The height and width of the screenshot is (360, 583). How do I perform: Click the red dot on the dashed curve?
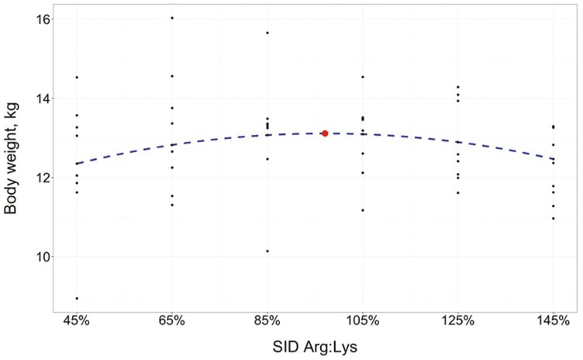click(x=325, y=133)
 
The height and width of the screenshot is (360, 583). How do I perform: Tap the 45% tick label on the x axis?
click(x=77, y=320)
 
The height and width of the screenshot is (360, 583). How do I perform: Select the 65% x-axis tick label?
click(x=172, y=320)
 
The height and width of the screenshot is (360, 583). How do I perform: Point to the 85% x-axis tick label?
click(x=267, y=320)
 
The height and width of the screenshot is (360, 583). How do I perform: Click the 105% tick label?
click(x=363, y=320)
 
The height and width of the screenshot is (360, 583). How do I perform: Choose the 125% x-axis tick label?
click(x=458, y=320)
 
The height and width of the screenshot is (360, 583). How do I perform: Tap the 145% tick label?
click(x=554, y=320)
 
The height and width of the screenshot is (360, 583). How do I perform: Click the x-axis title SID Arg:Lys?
click(x=315, y=347)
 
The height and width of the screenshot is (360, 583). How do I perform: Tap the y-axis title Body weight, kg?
click(x=11, y=158)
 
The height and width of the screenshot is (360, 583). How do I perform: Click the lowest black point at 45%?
click(x=77, y=298)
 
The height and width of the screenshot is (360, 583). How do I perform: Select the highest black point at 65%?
click(x=172, y=18)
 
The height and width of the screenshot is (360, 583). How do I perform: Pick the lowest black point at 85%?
click(x=267, y=251)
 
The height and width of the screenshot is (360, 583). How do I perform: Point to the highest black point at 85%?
click(x=267, y=33)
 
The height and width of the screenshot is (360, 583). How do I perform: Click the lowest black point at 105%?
click(x=363, y=210)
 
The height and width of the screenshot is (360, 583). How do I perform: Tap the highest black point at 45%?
click(x=77, y=78)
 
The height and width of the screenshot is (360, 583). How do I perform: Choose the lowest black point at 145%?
click(x=554, y=219)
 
